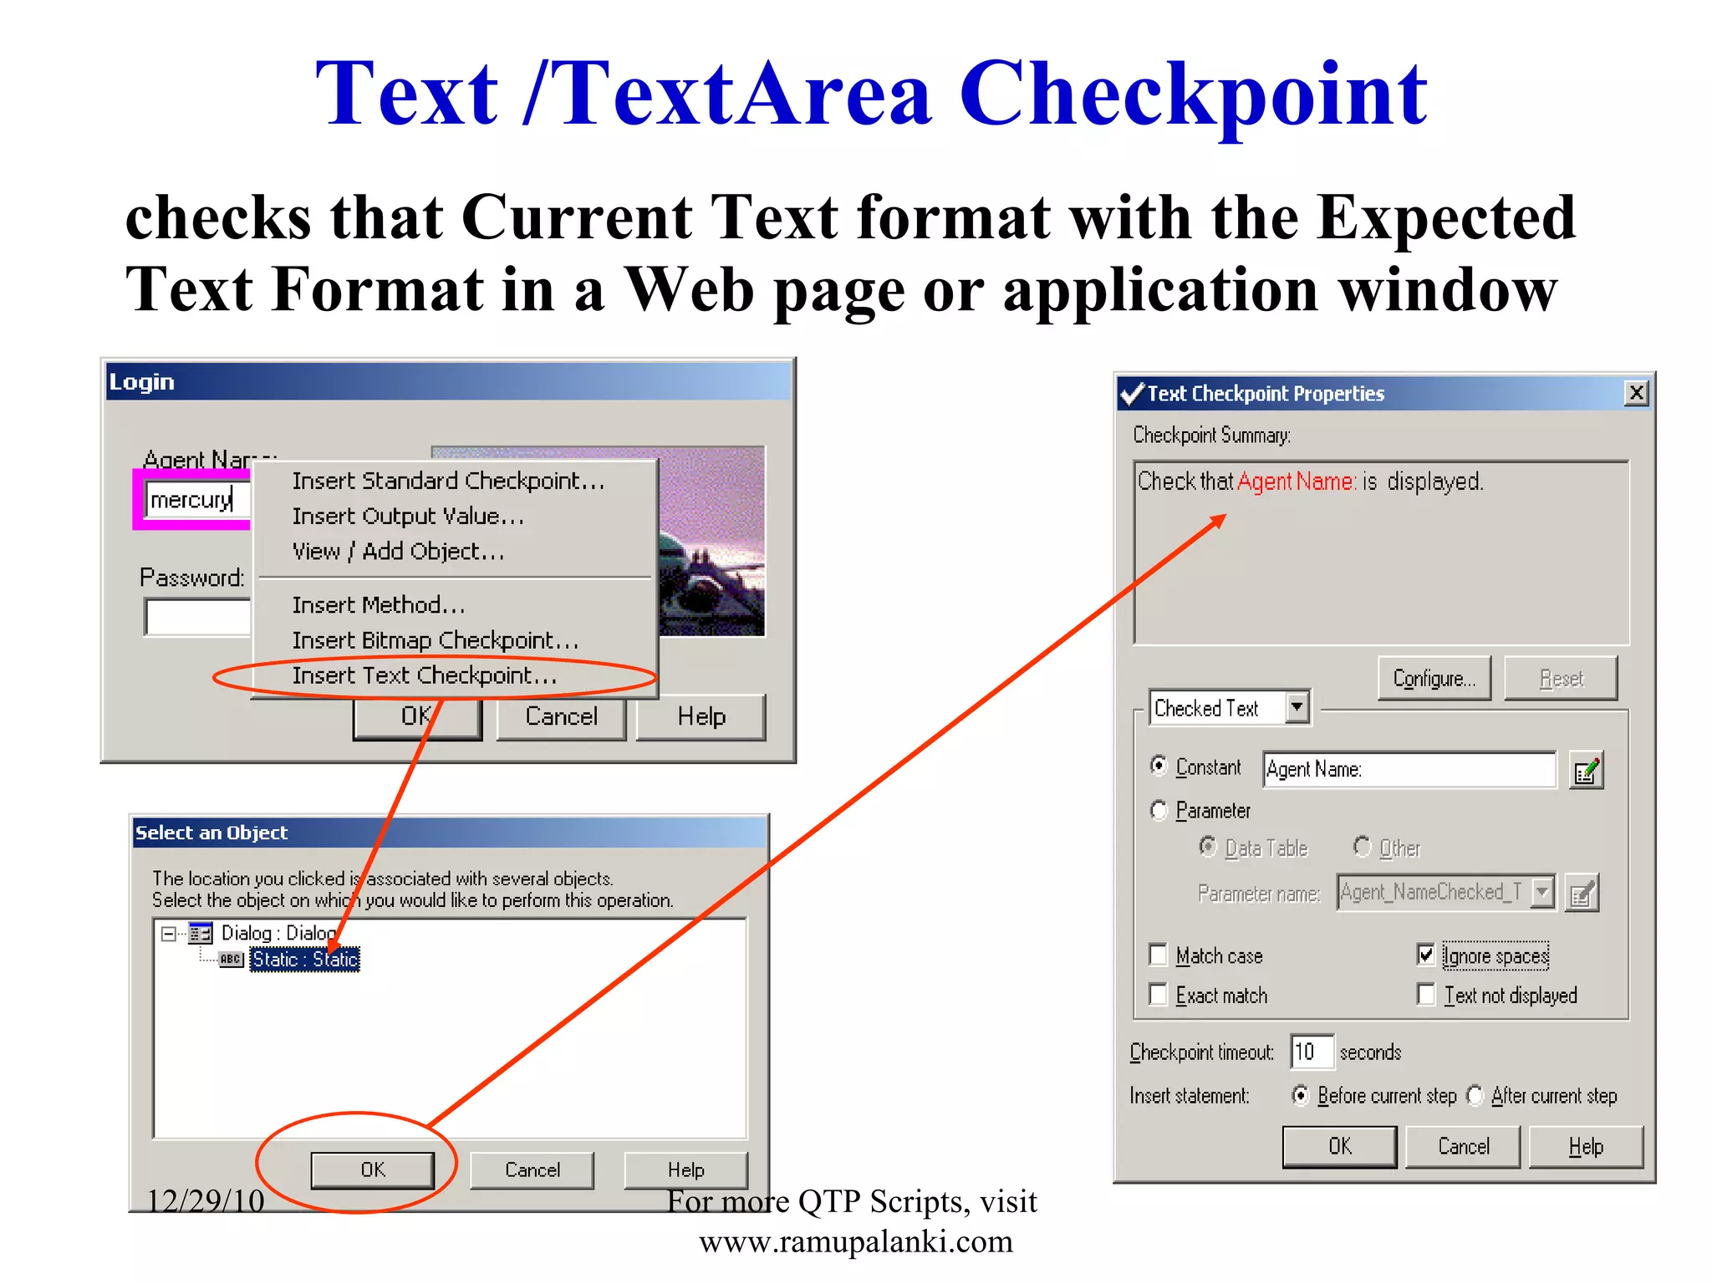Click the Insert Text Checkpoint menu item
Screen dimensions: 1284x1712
(x=424, y=675)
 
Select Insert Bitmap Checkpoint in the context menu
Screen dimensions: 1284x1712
(x=435, y=640)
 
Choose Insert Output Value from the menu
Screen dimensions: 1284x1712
(x=408, y=517)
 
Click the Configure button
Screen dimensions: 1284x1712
(x=1434, y=679)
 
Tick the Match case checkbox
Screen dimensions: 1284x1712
(x=1159, y=955)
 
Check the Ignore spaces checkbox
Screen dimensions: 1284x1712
(x=1426, y=955)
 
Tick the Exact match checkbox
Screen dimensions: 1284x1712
(x=1159, y=995)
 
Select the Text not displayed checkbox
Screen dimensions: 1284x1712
(x=1426, y=995)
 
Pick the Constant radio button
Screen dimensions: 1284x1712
(x=1159, y=766)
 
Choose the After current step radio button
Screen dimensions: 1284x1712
(x=1475, y=1095)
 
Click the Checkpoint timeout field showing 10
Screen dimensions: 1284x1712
(x=1311, y=1052)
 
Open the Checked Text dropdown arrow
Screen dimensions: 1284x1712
(x=1297, y=707)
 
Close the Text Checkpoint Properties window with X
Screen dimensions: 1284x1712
(x=1636, y=393)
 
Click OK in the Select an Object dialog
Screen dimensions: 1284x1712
(x=373, y=1169)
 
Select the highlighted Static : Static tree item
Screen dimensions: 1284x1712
(x=305, y=959)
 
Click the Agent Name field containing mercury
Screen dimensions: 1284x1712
(x=197, y=500)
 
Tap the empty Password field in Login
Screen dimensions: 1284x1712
(x=197, y=617)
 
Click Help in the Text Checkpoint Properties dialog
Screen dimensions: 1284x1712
(x=1586, y=1147)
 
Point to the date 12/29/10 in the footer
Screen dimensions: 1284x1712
(x=206, y=1201)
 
